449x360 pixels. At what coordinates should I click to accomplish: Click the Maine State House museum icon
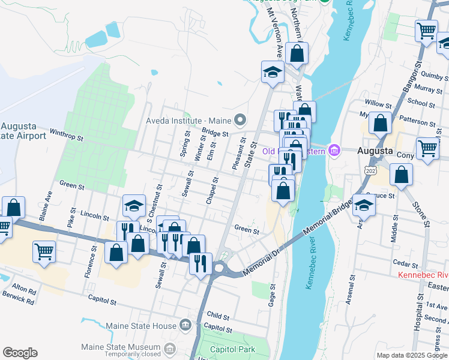click(185, 326)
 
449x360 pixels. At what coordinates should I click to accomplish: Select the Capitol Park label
click(232, 349)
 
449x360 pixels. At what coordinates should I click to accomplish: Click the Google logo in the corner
click(20, 353)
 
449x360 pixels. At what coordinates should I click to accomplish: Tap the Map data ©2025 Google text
click(412, 355)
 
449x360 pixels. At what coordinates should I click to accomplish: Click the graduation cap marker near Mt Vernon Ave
click(273, 72)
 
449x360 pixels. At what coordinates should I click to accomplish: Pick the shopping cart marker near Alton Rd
click(44, 251)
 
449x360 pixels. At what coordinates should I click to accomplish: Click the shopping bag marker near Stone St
click(401, 175)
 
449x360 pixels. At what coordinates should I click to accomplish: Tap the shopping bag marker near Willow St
click(381, 123)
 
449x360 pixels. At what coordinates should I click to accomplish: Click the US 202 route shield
click(370, 172)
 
